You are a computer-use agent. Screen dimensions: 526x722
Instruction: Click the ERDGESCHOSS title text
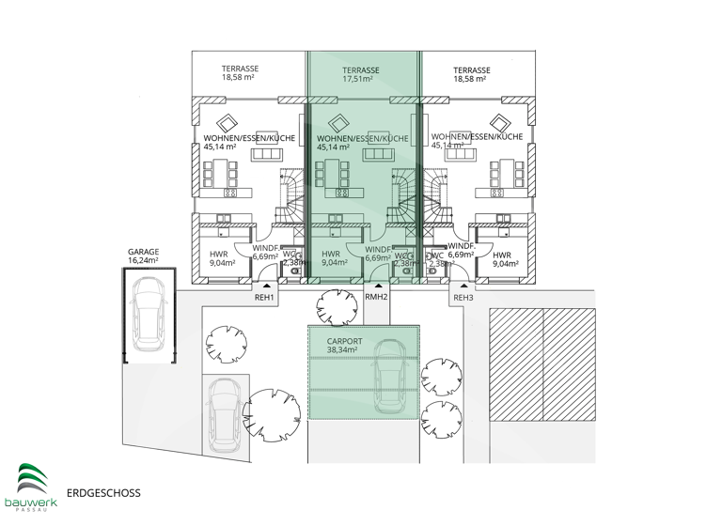tap(103, 491)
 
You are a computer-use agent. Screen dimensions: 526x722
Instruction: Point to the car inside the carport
tap(392, 375)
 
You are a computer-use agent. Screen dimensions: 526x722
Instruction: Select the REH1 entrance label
tap(264, 298)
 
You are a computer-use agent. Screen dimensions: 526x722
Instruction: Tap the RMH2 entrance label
tap(376, 298)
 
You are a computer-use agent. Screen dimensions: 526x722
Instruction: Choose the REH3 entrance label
tap(463, 298)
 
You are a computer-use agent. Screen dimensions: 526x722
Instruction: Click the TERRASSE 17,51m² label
tap(361, 75)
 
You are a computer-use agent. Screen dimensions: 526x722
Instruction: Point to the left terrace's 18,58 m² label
tap(240, 78)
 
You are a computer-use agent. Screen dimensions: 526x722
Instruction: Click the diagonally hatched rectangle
tap(541, 384)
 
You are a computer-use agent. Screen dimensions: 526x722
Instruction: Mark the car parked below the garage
tap(226, 414)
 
